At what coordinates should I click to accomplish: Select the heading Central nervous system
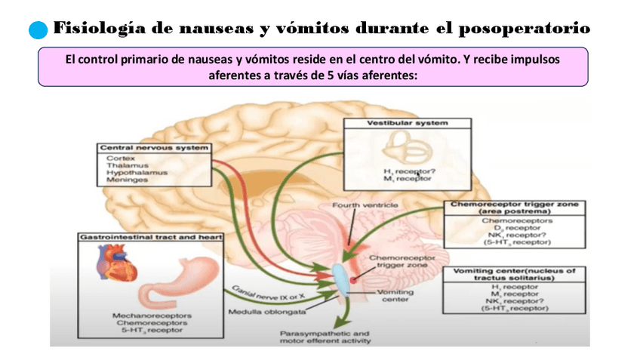[154, 148]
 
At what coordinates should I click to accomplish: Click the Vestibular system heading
[408, 122]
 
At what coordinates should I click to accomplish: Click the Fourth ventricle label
[365, 205]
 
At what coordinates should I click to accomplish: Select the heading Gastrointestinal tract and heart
[151, 237]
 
